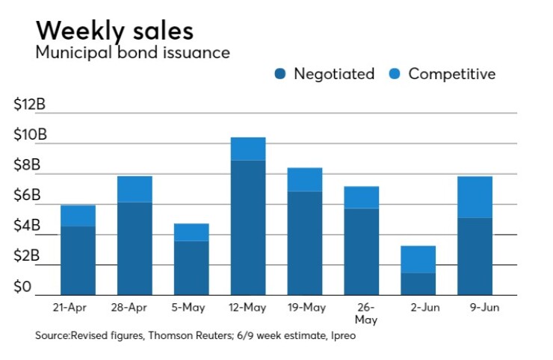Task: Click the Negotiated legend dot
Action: (x=280, y=74)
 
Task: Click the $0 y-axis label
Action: (x=24, y=288)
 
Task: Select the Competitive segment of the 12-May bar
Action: (x=248, y=149)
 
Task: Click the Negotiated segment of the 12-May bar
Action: (x=248, y=227)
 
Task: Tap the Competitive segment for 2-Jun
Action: (x=418, y=259)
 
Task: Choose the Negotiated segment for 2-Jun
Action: (x=418, y=284)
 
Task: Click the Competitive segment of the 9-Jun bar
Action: (x=475, y=197)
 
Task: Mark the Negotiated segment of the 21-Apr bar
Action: (x=78, y=260)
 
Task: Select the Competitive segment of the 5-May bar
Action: (x=191, y=232)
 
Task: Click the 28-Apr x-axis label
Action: (x=135, y=308)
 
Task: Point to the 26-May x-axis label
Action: (x=362, y=313)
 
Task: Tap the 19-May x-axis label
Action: (x=305, y=308)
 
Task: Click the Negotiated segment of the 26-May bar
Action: (x=362, y=251)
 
